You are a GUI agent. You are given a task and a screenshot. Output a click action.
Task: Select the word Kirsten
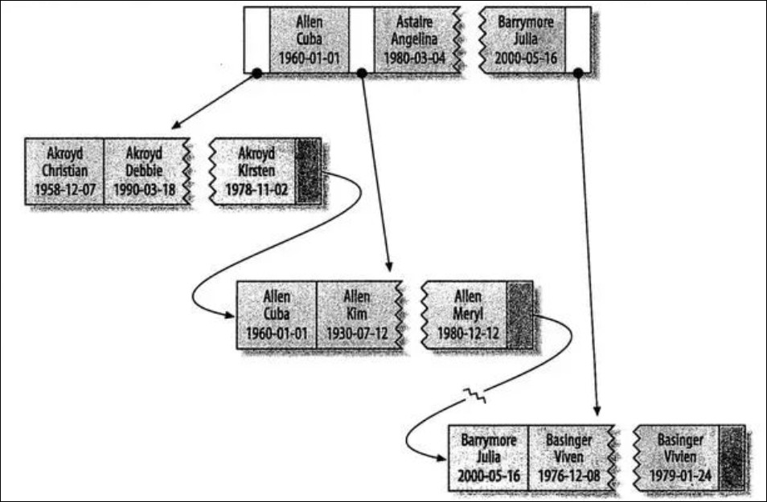257,171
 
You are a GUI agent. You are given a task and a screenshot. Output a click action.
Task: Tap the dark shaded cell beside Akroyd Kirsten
309,171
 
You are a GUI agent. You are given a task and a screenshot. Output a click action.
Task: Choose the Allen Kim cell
357,314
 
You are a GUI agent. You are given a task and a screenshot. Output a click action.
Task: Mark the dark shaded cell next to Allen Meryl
521,314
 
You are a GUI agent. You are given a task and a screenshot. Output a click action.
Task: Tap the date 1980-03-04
413,58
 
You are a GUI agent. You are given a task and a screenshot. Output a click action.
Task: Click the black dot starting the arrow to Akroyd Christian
256,73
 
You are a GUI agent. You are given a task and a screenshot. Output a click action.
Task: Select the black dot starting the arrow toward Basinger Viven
578,73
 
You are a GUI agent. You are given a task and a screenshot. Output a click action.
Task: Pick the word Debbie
145,171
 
